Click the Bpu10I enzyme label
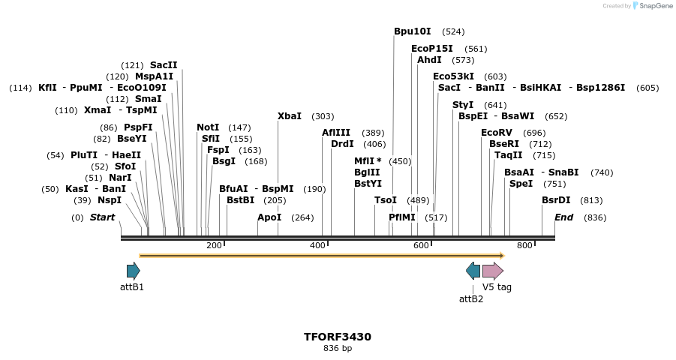(x=413, y=31)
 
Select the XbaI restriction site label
(x=290, y=116)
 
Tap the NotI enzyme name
(x=208, y=127)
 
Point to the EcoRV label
(x=496, y=133)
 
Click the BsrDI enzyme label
(x=556, y=200)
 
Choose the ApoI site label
(x=269, y=217)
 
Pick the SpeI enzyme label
(x=521, y=184)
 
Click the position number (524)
(x=453, y=32)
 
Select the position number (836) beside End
(x=594, y=217)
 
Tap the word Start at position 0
(x=102, y=217)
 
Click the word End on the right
(x=563, y=217)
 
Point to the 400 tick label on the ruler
(x=317, y=246)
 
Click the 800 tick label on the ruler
(x=524, y=246)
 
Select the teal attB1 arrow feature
(x=134, y=271)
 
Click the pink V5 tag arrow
(x=492, y=271)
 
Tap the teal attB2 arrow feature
(x=473, y=271)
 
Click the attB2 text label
(x=471, y=298)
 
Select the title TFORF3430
(x=338, y=337)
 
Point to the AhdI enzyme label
(x=429, y=60)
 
